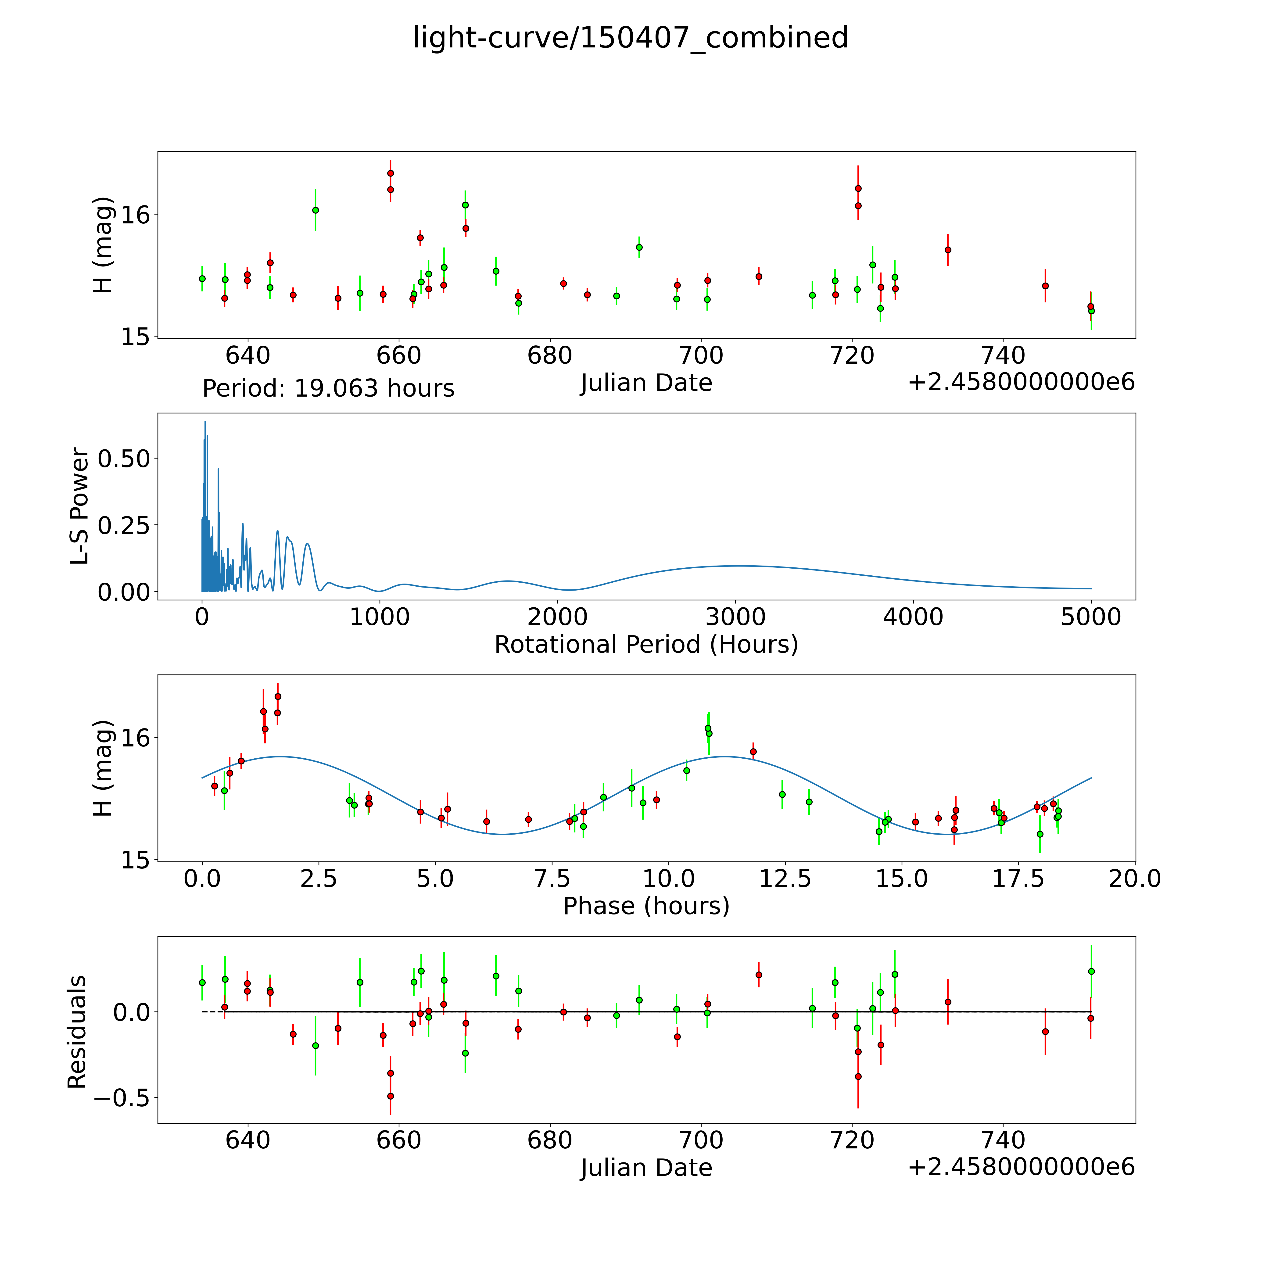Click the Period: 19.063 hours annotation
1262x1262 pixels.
coord(328,389)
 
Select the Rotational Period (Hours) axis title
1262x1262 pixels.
coord(646,645)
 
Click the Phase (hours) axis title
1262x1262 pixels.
coord(646,906)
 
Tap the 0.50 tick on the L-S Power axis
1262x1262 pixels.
coord(124,459)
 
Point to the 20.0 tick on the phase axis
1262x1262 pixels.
coord(1135,878)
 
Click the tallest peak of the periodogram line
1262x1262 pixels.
coord(205,422)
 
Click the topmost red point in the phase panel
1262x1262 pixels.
coord(278,696)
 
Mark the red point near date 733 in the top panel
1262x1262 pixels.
coord(948,250)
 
